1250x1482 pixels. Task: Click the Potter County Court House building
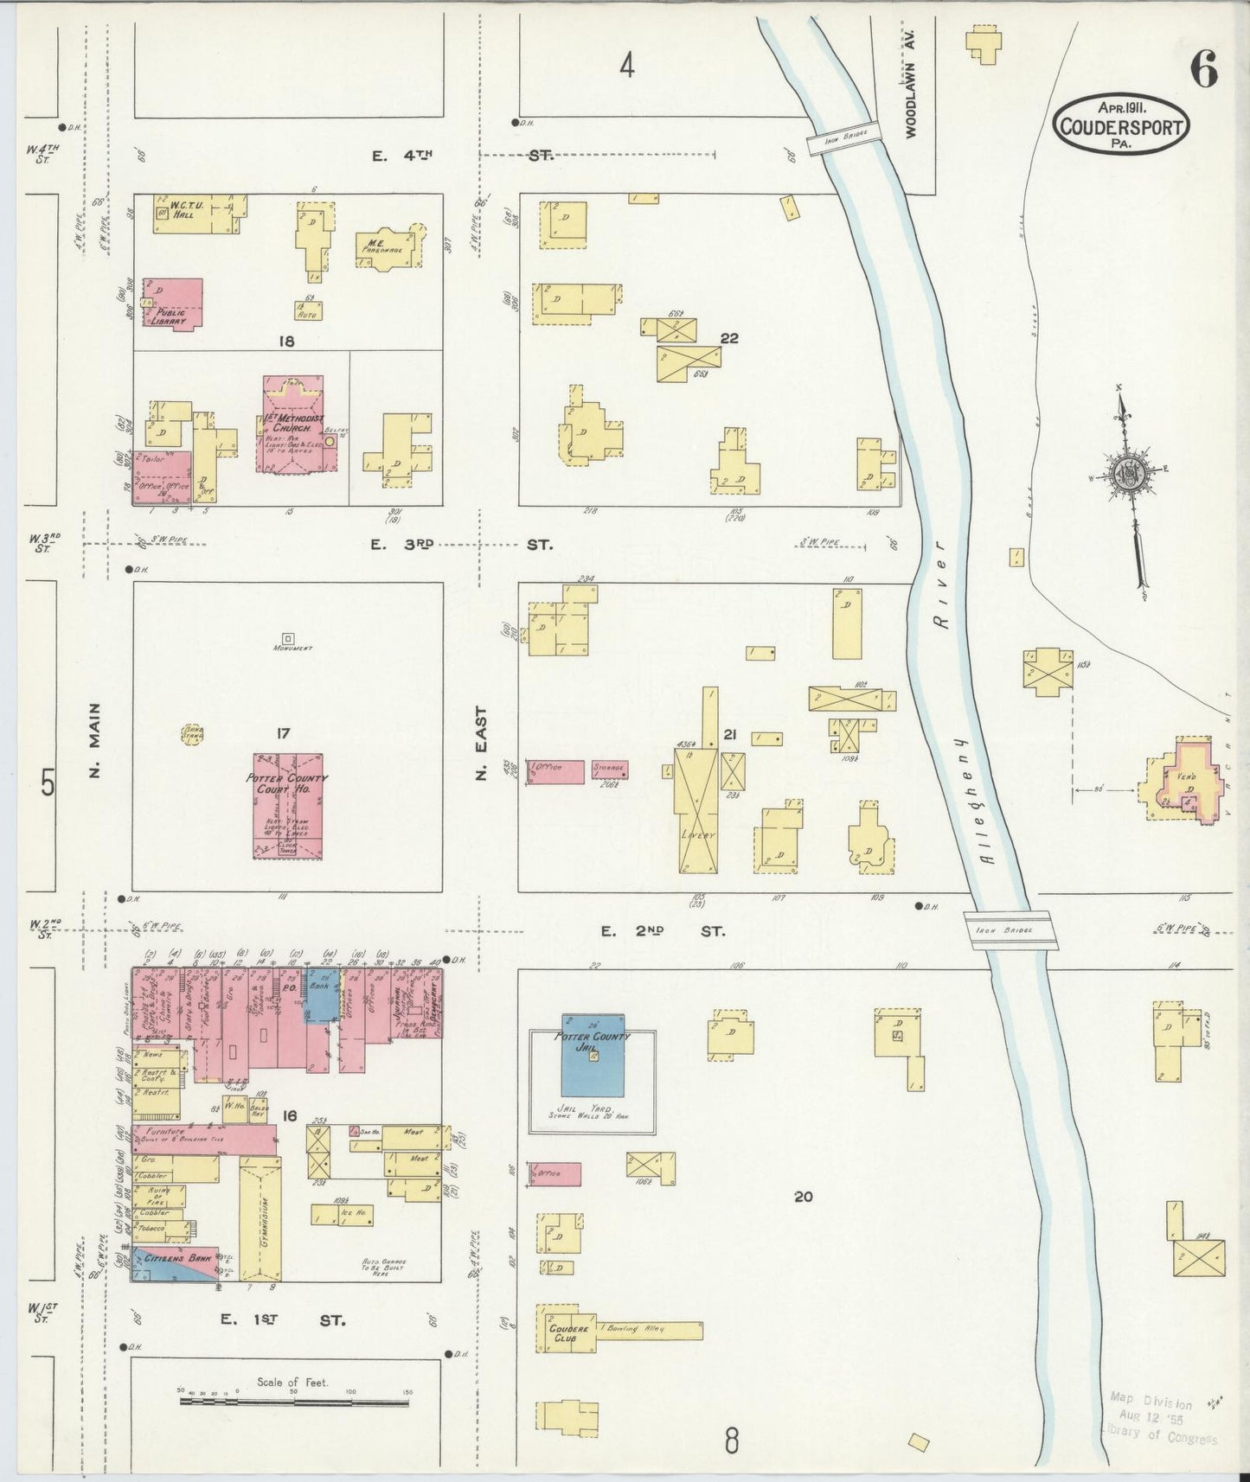tap(288, 805)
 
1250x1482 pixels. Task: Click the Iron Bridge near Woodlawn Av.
tap(843, 137)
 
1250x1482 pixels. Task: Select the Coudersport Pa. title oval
tap(1121, 126)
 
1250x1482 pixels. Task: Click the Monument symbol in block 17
tap(287, 639)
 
